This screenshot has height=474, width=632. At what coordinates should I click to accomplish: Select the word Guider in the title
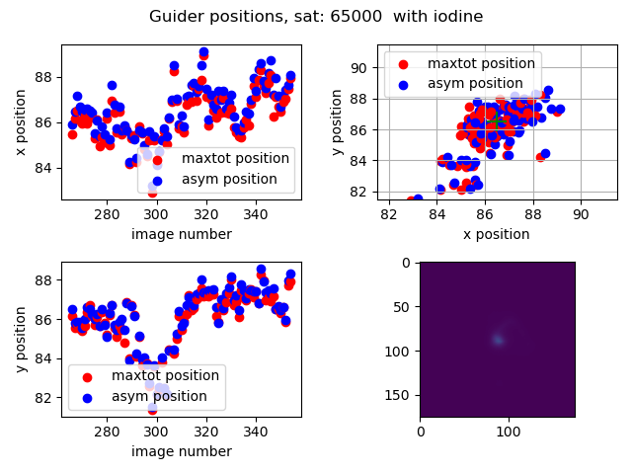175,17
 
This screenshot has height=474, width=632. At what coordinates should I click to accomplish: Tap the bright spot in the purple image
498,340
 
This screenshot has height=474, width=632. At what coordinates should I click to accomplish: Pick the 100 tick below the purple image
508,431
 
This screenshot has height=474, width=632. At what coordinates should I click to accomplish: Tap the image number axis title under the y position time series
182,451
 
